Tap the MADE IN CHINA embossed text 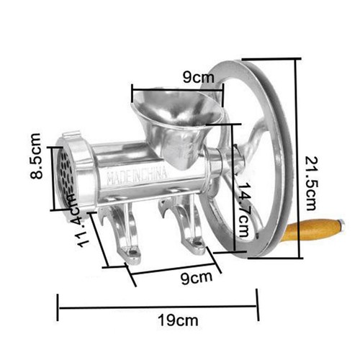click(136, 176)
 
